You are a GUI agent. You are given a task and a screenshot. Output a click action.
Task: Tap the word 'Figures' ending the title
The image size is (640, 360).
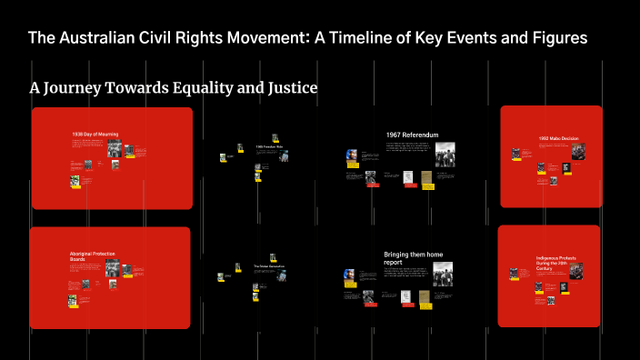pos(559,38)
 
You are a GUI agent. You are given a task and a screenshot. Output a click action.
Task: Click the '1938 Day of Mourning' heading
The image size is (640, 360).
pos(95,135)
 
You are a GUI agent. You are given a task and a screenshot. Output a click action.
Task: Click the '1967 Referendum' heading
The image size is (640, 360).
pos(412,135)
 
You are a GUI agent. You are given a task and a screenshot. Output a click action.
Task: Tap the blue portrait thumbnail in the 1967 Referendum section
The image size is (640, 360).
pos(352,157)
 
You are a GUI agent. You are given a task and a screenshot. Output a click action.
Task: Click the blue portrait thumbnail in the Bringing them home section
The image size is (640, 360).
pos(350,276)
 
